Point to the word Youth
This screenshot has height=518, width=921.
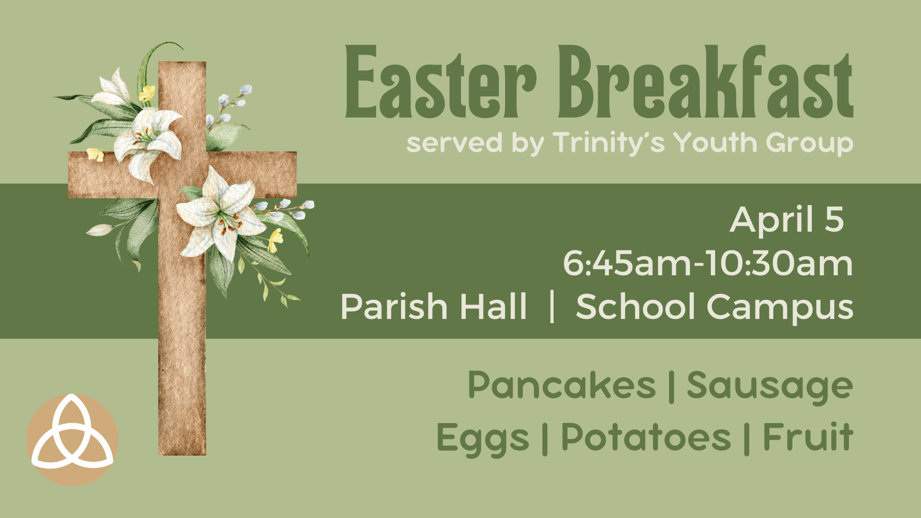click(715, 142)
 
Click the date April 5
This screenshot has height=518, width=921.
click(787, 220)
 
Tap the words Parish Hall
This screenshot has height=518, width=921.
click(434, 307)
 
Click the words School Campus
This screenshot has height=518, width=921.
click(715, 307)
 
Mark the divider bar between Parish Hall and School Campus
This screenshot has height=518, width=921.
click(552, 307)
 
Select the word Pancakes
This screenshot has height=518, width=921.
click(561, 385)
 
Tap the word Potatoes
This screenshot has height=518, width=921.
click(646, 437)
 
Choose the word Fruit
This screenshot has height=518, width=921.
click(808, 437)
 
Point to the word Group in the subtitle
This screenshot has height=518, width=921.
click(809, 143)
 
